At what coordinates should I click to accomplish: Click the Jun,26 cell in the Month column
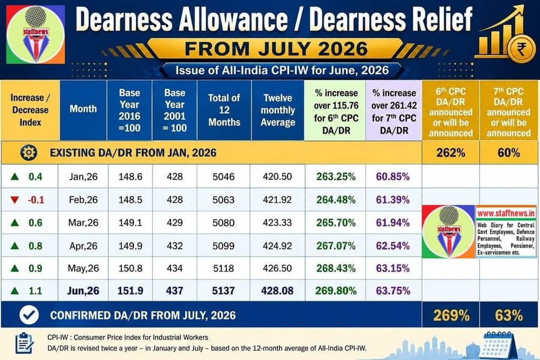pyautogui.click(x=83, y=291)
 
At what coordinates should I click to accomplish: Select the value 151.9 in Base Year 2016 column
pyautogui.click(x=130, y=291)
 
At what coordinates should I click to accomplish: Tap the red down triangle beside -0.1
pyautogui.click(x=14, y=200)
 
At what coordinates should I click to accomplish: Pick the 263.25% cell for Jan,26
pyautogui.click(x=336, y=177)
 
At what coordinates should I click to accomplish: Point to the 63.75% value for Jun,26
pyautogui.click(x=393, y=291)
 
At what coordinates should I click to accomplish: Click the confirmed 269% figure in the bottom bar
pyautogui.click(x=451, y=315)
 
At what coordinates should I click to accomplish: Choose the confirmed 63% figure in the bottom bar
pyautogui.click(x=508, y=315)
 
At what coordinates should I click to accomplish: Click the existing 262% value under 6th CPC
pyautogui.click(x=450, y=152)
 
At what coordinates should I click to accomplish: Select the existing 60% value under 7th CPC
pyautogui.click(x=508, y=152)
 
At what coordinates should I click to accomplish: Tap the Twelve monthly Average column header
pyautogui.click(x=278, y=110)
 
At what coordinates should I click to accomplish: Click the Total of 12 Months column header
pyautogui.click(x=224, y=110)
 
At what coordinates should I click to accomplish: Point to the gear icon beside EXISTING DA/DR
pyautogui.click(x=28, y=152)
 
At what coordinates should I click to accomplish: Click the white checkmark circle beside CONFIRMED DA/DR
pyautogui.click(x=29, y=315)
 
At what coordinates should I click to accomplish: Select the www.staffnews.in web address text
pyautogui.click(x=506, y=213)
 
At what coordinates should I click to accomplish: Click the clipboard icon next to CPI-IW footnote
pyautogui.click(x=25, y=343)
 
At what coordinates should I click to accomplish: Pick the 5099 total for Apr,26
pyautogui.click(x=224, y=246)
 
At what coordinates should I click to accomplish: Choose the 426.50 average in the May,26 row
pyautogui.click(x=277, y=268)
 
